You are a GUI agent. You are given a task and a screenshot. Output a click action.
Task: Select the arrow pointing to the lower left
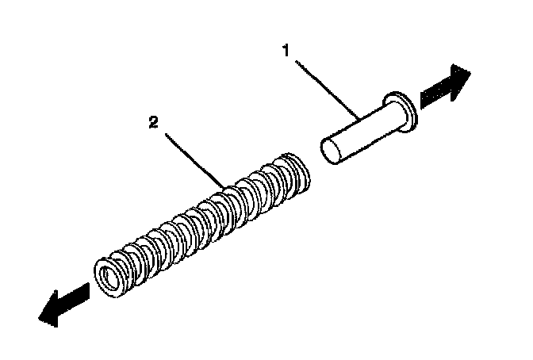pos(63,304)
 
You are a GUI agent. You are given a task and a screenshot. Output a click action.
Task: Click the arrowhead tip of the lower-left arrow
pos(39,317)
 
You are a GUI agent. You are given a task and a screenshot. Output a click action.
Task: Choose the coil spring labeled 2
pos(202,222)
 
